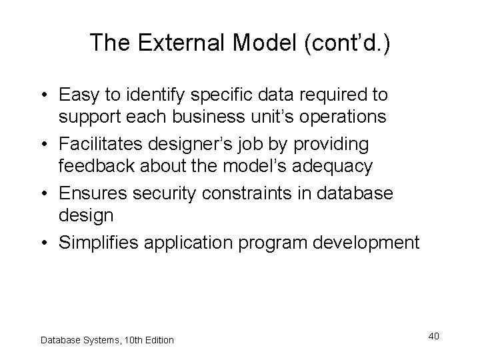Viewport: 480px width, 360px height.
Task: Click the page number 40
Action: tap(433, 336)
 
